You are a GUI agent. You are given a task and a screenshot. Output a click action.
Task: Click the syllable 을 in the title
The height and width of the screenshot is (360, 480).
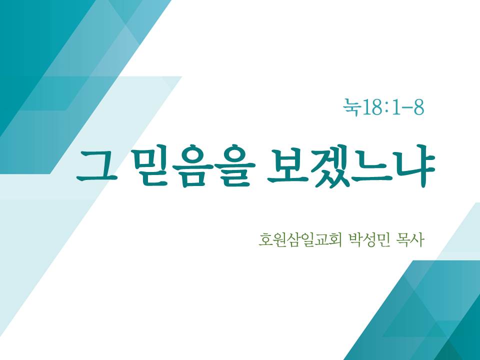pyautogui.click(x=235, y=165)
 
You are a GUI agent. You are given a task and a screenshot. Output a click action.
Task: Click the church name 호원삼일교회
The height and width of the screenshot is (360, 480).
pyautogui.click(x=299, y=239)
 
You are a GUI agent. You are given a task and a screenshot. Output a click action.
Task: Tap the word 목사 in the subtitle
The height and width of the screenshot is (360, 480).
pyautogui.click(x=410, y=239)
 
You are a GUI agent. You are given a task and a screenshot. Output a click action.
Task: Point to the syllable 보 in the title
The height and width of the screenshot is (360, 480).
pyautogui.click(x=286, y=165)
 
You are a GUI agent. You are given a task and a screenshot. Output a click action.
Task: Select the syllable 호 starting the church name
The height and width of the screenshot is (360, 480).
pyautogui.click(x=265, y=239)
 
